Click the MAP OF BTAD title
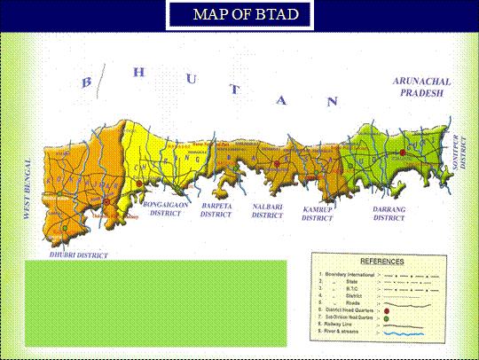click(239, 15)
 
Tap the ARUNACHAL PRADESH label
click(425, 86)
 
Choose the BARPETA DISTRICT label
click(216, 210)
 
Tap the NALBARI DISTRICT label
click(268, 210)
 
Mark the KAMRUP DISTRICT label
click(317, 212)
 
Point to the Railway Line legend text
click(342, 326)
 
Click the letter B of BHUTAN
click(87, 82)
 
